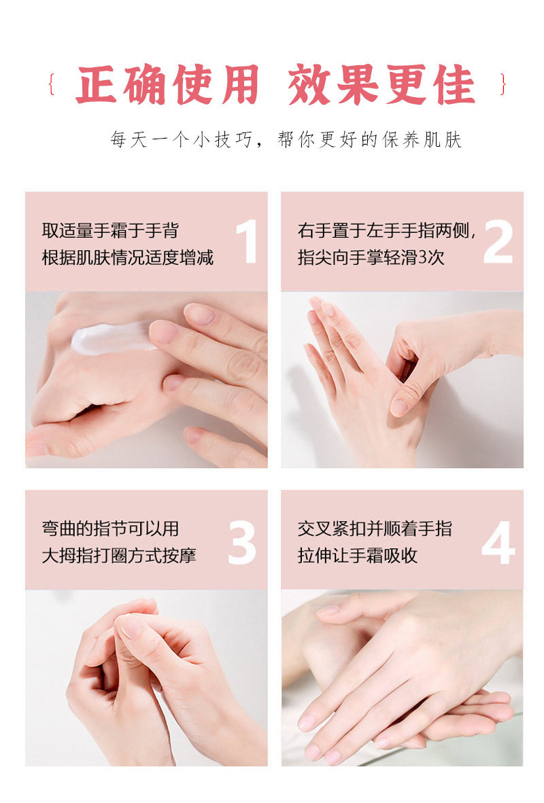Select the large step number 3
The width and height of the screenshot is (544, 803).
[x=242, y=543]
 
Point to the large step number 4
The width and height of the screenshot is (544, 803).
[x=498, y=543]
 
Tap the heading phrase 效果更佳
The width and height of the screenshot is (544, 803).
[x=381, y=85]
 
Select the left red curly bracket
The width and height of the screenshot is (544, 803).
[x=51, y=84]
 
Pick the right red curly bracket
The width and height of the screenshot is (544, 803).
[x=503, y=84]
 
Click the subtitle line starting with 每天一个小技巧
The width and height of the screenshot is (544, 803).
[x=286, y=139]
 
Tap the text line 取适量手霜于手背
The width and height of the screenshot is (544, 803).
[x=110, y=230]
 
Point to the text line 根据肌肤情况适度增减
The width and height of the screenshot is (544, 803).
[x=128, y=257]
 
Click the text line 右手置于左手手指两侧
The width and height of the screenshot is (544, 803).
[x=387, y=231]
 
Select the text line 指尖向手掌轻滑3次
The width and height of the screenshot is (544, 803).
[x=371, y=257]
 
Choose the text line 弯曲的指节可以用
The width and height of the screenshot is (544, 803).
[x=110, y=529]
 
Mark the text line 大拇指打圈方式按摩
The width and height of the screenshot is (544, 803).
[x=119, y=555]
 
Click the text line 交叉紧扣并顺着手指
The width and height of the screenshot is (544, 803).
[x=375, y=529]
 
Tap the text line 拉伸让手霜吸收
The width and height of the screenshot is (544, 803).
[x=358, y=555]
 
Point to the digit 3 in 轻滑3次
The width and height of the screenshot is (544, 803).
[x=423, y=257]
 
